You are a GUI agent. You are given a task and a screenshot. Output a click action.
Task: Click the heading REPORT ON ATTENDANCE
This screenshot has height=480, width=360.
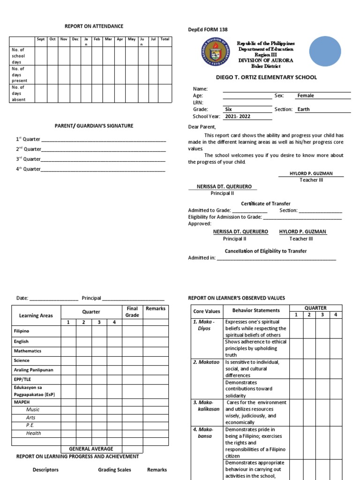coord(94,26)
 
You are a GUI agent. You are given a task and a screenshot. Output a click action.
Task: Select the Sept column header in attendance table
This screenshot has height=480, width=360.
coord(41,39)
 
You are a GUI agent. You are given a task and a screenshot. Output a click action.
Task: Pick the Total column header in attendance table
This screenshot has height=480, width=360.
coord(165,39)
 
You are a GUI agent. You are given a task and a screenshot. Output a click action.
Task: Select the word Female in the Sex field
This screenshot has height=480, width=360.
coord(306,96)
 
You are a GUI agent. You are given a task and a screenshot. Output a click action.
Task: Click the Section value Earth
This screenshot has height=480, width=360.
coord(303,109)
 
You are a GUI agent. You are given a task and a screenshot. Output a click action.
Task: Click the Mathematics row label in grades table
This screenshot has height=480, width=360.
coord(28,351)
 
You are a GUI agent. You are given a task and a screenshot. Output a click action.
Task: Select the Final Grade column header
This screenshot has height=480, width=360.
coord(132,312)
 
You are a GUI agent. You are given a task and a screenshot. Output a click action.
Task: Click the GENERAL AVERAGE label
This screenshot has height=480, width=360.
coord(91,449)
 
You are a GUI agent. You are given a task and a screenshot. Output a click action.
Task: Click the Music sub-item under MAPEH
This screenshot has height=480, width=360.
coord(33,409)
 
